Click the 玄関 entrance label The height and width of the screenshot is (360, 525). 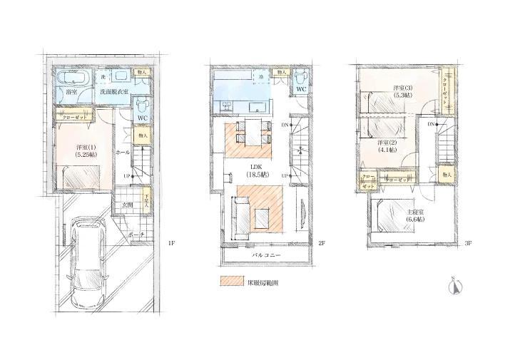point(127,205)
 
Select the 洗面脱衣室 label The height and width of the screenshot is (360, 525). point(114,92)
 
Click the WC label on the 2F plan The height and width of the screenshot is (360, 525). point(301,89)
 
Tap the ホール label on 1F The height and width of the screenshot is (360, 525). point(122,153)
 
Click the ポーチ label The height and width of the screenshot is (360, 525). point(138,234)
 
